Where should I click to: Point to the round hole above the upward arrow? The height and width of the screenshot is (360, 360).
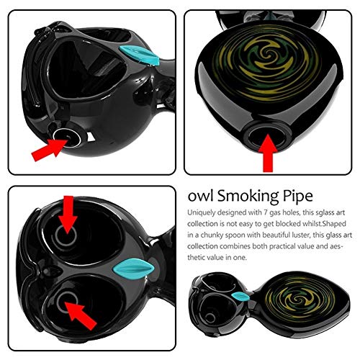[x=269, y=130]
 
